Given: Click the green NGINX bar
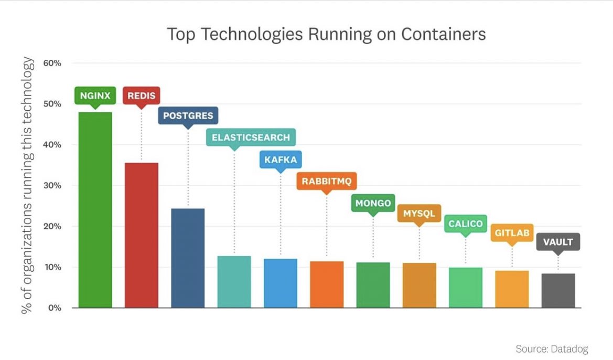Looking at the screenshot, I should (95, 210).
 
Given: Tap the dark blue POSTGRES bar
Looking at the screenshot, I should (188, 258).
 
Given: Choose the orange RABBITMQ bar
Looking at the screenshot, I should (327, 284).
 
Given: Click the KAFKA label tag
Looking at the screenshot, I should (281, 160).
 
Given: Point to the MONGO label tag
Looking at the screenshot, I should (373, 203).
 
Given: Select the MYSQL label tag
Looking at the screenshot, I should (419, 214).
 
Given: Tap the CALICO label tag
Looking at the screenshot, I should (465, 224).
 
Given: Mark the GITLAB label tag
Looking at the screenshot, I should (512, 232).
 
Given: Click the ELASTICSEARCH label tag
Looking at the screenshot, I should (251, 137).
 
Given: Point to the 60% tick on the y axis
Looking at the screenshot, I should (52, 63).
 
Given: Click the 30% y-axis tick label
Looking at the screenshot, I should (52, 186).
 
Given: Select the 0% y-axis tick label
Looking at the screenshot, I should (55, 308).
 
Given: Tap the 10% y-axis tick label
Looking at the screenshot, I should (52, 267).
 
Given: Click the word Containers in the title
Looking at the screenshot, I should (444, 34).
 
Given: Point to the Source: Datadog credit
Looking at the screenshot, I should (552, 349).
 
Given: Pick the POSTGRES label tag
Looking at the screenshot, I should (188, 115).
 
